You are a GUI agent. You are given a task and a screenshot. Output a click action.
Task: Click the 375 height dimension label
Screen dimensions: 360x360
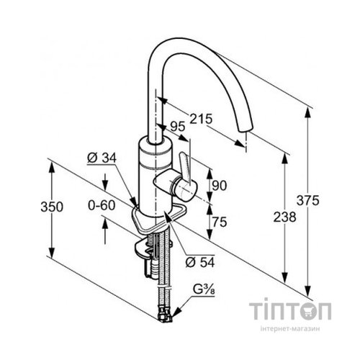pos(308,200)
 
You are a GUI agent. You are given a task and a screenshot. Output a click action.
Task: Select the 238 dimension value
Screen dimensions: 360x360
pos(284,217)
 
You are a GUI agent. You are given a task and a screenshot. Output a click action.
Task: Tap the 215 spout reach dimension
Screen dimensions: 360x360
pos(201,119)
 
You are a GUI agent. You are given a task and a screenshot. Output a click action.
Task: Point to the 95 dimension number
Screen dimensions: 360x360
pos(178,127)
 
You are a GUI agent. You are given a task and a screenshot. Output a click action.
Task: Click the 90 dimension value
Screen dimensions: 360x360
pos(220,186)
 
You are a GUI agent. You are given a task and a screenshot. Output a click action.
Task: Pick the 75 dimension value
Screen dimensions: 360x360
pos(220,222)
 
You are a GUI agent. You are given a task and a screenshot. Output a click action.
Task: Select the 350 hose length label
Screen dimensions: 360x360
pos(52,207)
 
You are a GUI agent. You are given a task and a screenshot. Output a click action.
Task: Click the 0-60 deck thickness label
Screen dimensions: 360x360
pos(102,205)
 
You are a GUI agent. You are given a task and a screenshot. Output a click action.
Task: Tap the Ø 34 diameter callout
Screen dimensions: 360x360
pos(102,158)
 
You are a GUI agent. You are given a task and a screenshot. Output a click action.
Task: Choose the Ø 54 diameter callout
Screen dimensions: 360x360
pos(200,263)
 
